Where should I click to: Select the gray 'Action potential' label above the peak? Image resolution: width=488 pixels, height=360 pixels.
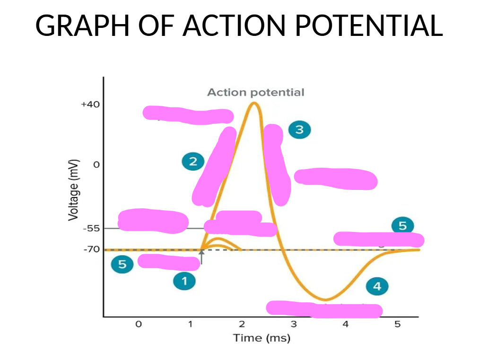click(255, 92)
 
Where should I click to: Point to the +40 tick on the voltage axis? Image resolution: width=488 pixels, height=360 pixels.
click(90, 104)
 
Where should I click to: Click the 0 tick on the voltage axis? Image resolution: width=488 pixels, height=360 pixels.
click(96, 165)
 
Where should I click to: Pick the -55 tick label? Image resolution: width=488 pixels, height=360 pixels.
click(91, 228)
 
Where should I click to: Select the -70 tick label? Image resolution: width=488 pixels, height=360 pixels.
click(91, 249)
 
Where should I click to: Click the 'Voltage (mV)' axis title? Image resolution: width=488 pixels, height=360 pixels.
click(73, 190)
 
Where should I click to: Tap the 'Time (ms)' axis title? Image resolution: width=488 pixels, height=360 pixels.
click(261, 338)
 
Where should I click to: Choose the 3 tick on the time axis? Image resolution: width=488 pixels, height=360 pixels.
click(294, 324)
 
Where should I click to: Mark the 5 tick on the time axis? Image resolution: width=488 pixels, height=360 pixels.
click(397, 324)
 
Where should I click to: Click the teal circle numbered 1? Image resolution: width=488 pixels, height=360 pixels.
click(184, 282)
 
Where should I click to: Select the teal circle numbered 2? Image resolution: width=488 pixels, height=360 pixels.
click(193, 162)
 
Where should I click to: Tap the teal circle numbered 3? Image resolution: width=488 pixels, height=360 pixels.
click(299, 129)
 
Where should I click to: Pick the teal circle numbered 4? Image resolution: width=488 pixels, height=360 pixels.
click(377, 286)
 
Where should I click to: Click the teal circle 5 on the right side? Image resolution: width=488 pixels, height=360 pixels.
click(402, 226)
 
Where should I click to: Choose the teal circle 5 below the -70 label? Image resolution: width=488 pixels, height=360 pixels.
click(122, 265)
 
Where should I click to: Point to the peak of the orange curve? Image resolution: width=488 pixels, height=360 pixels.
click(254, 103)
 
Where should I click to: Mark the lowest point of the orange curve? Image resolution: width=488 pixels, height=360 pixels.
click(325, 300)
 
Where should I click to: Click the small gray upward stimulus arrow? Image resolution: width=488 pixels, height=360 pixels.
click(201, 257)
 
